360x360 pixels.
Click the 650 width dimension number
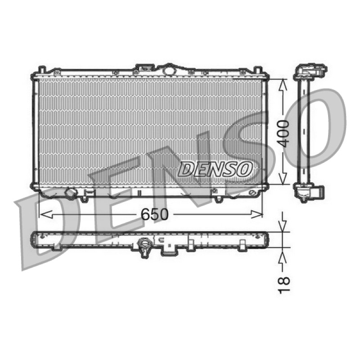154,215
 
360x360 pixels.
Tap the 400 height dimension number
283,133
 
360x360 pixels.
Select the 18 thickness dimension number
284,285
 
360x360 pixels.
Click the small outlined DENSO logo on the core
215,169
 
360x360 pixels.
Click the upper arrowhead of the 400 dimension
283,85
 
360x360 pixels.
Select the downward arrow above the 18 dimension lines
283,225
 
